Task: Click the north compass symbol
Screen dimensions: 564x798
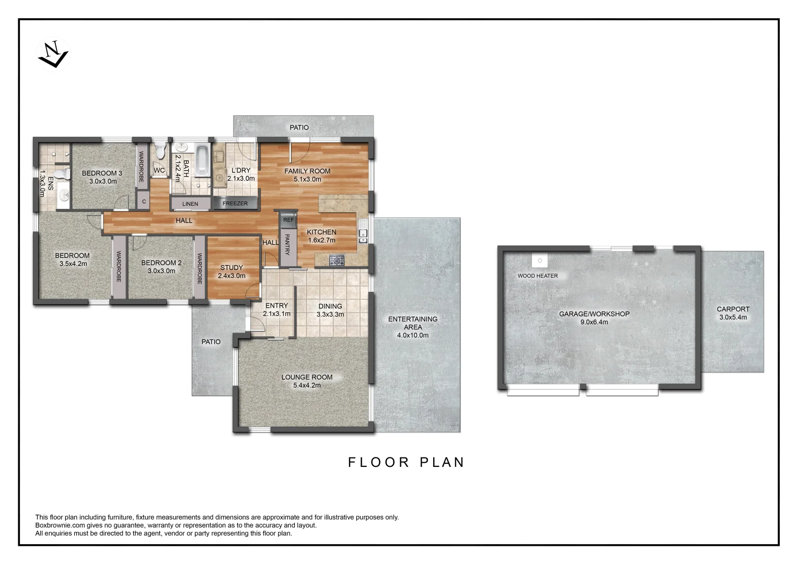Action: (53, 54)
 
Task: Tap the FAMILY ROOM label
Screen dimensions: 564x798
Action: (307, 171)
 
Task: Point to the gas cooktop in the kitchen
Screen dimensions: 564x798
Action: (337, 260)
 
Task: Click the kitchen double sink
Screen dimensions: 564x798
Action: (363, 237)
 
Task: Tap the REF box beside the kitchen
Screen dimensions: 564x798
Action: (288, 220)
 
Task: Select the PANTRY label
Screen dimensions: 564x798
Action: (287, 244)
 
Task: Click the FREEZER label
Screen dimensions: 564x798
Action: (235, 203)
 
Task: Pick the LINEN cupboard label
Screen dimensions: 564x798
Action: (190, 203)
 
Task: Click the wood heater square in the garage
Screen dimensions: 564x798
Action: (540, 260)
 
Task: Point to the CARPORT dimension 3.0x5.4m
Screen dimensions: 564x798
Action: (733, 317)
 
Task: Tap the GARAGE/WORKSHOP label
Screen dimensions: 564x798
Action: (594, 314)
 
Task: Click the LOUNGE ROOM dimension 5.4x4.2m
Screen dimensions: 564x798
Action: (307, 385)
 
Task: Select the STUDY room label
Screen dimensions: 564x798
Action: (232, 267)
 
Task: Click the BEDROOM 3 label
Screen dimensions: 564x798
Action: (102, 173)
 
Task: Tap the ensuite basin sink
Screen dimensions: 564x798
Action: (64, 196)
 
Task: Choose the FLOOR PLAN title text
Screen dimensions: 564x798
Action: (406, 462)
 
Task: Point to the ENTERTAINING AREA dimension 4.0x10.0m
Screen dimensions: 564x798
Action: (413, 335)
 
